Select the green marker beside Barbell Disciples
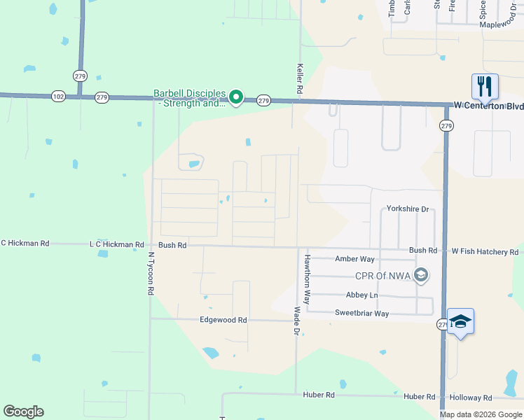(x=237, y=97)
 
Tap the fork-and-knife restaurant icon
(x=485, y=86)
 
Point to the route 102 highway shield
(x=59, y=97)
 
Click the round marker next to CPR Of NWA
(x=420, y=274)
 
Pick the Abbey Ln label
(x=361, y=295)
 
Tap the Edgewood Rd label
(x=223, y=320)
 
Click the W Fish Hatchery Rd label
(x=485, y=251)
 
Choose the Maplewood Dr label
(x=502, y=24)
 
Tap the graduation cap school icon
(x=460, y=321)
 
